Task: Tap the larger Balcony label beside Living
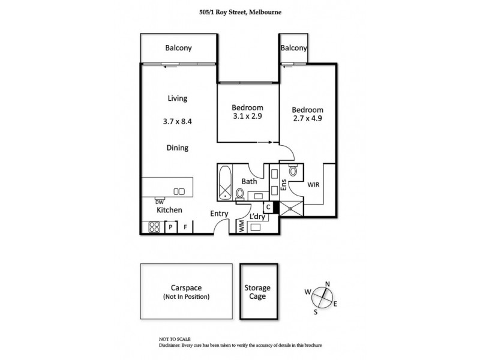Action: (178, 49)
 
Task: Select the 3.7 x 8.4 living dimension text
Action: (178, 121)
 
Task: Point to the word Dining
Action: (178, 148)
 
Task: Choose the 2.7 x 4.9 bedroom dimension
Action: (308, 120)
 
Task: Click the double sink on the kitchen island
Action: (179, 191)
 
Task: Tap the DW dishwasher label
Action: (160, 202)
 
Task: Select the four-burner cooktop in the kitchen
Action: (153, 227)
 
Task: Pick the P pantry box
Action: (170, 227)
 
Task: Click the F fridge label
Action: (186, 227)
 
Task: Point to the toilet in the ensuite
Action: (293, 171)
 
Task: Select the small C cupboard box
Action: (269, 208)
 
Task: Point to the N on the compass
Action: (327, 284)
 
